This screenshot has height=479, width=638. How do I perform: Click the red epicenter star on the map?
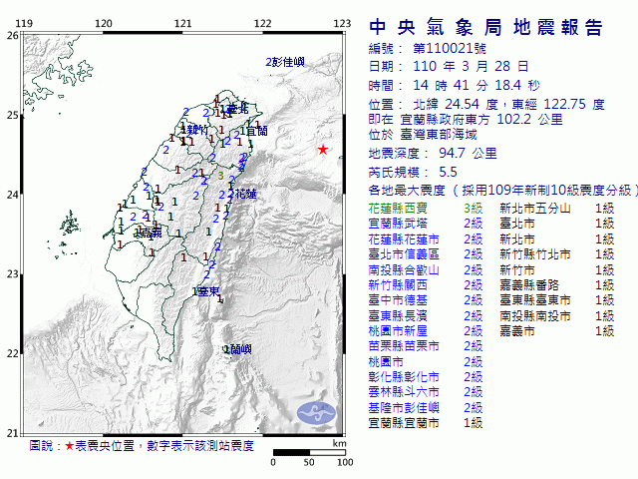click(x=322, y=150)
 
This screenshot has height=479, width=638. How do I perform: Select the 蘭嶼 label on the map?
click(x=239, y=348)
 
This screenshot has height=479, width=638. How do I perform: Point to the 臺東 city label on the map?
click(x=208, y=291)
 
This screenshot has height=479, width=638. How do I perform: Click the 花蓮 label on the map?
click(x=246, y=193)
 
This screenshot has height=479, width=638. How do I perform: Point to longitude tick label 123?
click(x=341, y=22)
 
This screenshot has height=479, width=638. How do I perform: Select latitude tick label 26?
click(x=12, y=35)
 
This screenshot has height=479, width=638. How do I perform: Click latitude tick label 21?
click(x=12, y=432)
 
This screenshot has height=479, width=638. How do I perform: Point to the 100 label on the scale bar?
click(x=345, y=463)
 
